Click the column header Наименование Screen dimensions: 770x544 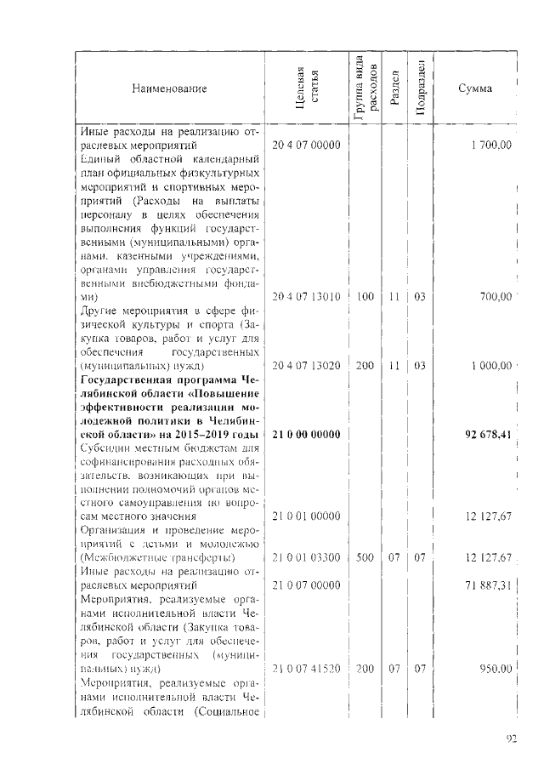169,88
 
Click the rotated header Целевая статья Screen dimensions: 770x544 307,88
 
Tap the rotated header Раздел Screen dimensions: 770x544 394,88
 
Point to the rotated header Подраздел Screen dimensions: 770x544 421,88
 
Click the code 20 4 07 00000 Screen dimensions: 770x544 306,145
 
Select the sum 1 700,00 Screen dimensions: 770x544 490,145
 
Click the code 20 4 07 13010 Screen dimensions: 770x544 306,297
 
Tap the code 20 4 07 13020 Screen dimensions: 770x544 306,365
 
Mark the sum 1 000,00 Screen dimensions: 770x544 490,365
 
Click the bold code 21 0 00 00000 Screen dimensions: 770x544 306,435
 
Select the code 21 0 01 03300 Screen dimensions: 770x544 306,557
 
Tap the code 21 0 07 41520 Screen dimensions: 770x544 306,669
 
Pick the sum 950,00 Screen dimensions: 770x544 494,669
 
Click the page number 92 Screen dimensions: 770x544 512,739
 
